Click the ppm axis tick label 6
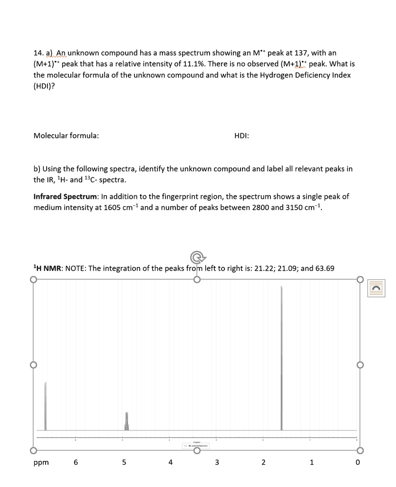(x=76, y=462)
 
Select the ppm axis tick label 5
(x=124, y=462)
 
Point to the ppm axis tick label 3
(x=217, y=462)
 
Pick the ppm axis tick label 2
(x=264, y=462)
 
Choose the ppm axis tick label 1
(x=311, y=462)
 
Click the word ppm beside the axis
(x=40, y=462)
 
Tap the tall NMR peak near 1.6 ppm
(x=281, y=357)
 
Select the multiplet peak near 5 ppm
(x=126, y=421)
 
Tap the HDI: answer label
(x=242, y=136)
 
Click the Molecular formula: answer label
(x=66, y=136)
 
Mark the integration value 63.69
(x=324, y=268)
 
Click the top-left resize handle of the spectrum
(x=33, y=279)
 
